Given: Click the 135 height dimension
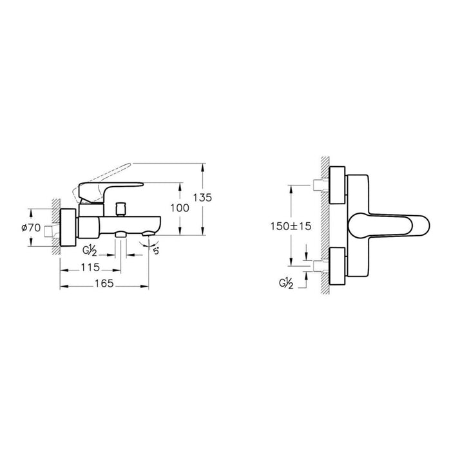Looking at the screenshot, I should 202,197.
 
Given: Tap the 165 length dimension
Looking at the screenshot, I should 104,283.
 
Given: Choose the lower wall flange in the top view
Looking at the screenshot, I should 338,265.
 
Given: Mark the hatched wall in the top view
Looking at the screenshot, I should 325,225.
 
